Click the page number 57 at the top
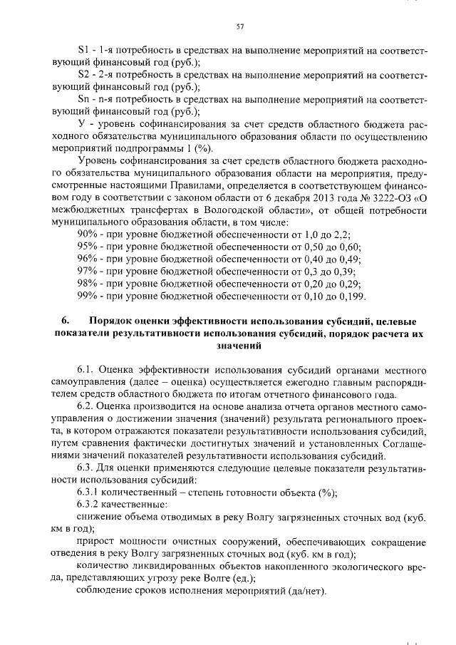tap(240, 27)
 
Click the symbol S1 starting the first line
tap(82, 51)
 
